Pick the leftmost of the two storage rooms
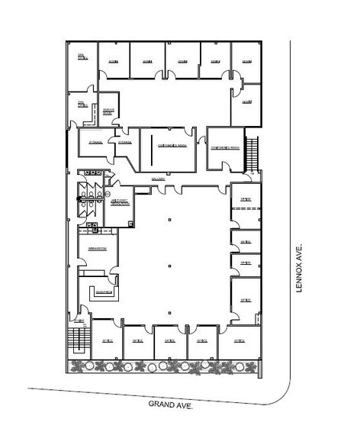(x=95, y=143)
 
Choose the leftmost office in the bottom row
(x=105, y=340)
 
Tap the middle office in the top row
(x=182, y=60)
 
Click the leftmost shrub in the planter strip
(x=76, y=367)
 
